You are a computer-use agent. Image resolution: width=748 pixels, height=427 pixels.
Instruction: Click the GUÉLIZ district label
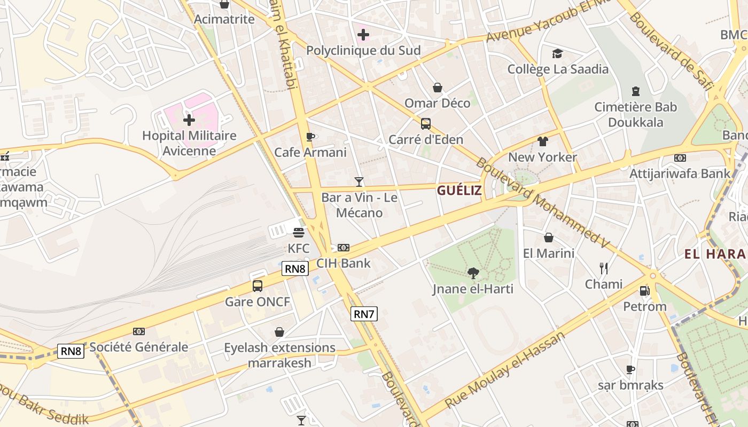(459, 191)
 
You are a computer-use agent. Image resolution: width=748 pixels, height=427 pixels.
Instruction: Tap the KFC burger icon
(299, 232)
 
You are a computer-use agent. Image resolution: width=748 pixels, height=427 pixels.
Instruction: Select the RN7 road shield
(364, 314)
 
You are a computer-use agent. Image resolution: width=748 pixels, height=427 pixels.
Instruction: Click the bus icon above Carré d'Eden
(426, 124)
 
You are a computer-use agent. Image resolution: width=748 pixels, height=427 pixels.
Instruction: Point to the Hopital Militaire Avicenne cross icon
(189, 120)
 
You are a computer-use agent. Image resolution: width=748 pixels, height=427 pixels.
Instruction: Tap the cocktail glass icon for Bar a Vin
(359, 182)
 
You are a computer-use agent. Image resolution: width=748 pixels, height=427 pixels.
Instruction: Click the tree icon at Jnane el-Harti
(473, 273)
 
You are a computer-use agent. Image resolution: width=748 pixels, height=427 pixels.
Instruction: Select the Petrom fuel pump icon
(645, 291)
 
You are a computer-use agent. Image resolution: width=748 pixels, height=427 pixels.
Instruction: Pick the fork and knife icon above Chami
(604, 268)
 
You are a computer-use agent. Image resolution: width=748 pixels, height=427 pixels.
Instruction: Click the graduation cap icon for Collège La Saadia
(558, 53)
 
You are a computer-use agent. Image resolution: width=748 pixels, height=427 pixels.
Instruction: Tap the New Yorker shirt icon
(543, 141)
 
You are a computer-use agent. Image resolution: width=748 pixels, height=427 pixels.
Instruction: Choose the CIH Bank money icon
(344, 248)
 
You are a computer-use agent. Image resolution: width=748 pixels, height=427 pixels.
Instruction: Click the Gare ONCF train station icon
(258, 286)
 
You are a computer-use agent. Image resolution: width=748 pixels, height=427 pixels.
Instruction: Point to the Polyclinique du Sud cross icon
(363, 35)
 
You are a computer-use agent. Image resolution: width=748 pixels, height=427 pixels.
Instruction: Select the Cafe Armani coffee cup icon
(310, 137)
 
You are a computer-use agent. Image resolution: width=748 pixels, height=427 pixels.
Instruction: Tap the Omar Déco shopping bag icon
(438, 88)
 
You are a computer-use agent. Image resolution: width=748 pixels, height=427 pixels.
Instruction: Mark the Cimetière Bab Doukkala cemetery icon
(636, 91)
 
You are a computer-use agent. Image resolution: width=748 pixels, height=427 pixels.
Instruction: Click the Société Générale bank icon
(139, 331)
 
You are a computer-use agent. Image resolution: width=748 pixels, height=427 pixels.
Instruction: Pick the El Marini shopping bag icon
(549, 238)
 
